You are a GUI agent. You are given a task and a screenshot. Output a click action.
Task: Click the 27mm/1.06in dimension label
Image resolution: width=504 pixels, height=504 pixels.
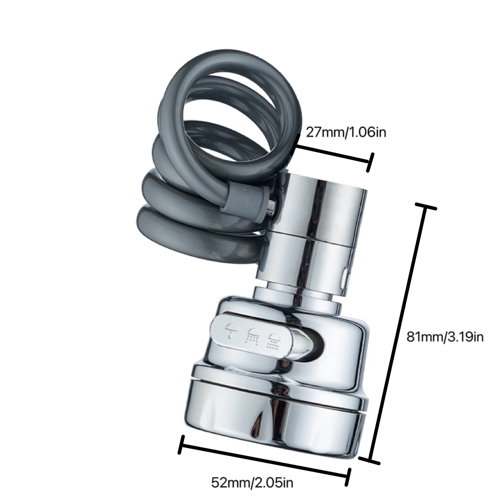coord(346,132)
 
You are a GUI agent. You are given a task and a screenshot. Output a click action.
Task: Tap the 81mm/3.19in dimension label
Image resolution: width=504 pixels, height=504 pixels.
coord(445,337)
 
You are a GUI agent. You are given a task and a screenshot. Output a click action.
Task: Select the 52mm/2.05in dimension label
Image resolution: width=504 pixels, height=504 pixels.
coord(252,482)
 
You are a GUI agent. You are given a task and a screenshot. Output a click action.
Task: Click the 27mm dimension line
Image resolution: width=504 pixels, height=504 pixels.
coord(332,154)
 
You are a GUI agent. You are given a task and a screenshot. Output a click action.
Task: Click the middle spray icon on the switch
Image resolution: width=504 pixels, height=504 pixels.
coord(252,336)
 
